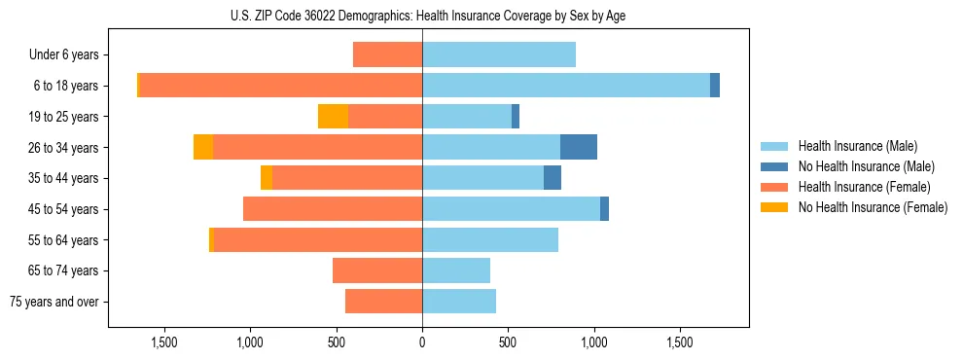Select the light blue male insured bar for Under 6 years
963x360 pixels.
tap(498, 54)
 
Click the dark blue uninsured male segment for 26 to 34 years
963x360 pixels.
tap(578, 147)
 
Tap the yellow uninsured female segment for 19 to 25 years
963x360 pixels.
tap(333, 117)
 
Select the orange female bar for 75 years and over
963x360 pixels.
tap(383, 302)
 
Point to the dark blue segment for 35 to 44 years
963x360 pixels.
tap(552, 178)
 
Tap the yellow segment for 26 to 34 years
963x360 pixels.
tap(203, 147)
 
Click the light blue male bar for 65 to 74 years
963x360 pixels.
tap(455, 270)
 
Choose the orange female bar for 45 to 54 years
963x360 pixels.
tap(332, 209)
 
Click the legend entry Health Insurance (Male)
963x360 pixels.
tap(857, 146)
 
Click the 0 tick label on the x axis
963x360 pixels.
tap(422, 342)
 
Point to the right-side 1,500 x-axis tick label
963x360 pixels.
tap(680, 342)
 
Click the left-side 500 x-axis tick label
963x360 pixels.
tap(337, 342)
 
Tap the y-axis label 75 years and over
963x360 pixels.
tap(54, 302)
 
